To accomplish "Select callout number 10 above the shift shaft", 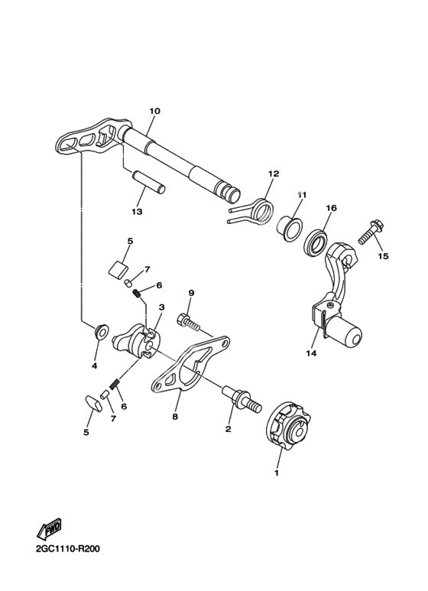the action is pos(154,111).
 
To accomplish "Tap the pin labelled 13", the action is pos(148,182).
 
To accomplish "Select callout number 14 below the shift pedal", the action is pos(311,353).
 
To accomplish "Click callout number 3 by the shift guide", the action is pos(161,307).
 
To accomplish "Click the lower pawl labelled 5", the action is pos(94,404).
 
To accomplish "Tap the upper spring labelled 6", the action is pos(138,293).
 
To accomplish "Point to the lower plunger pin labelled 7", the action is pos(105,395).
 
